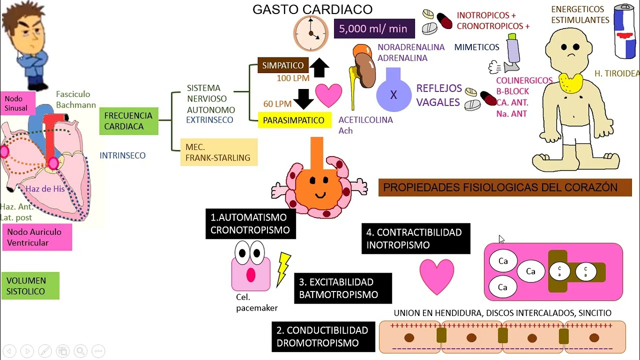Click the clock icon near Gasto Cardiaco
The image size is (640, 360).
[x=310, y=33]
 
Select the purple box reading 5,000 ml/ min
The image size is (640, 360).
[x=374, y=28]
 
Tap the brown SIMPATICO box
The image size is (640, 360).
[x=282, y=65]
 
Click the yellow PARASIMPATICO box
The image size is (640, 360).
[x=294, y=120]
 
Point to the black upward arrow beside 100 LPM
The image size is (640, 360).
[x=319, y=67]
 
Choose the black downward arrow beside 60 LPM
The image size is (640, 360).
[x=303, y=98]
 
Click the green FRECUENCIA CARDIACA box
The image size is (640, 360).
[x=128, y=121]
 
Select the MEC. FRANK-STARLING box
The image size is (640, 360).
[x=218, y=152]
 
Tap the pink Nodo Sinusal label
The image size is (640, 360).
[x=17, y=103]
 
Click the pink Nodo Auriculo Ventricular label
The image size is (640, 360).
[x=36, y=237]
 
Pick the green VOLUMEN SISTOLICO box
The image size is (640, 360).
[x=30, y=285]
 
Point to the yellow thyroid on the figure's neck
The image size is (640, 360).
[x=569, y=83]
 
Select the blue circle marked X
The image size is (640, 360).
[x=393, y=94]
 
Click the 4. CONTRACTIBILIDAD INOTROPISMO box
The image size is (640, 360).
[x=415, y=238]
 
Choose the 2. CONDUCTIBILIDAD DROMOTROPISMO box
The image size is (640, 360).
[x=323, y=336]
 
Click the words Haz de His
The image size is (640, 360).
[x=45, y=188]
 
